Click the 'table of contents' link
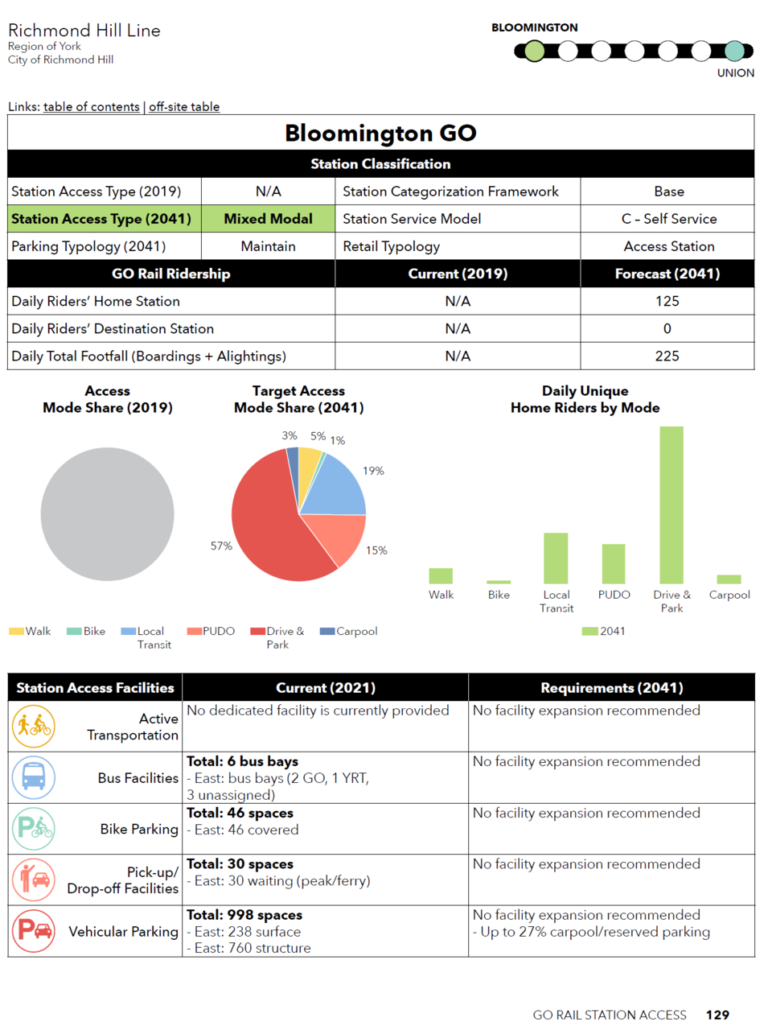92,107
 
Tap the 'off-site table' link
184,107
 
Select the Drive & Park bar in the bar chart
671,505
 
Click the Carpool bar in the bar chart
729,579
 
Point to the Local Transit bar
556,558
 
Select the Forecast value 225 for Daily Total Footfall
667,356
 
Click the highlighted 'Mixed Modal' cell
268,219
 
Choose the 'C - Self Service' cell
668,219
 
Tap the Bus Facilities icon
34,777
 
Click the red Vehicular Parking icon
34,931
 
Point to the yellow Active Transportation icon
34,726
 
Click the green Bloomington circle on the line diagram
534,51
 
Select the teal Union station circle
734,51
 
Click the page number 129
717,1015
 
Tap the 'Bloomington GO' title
380,133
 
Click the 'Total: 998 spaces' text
244,915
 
